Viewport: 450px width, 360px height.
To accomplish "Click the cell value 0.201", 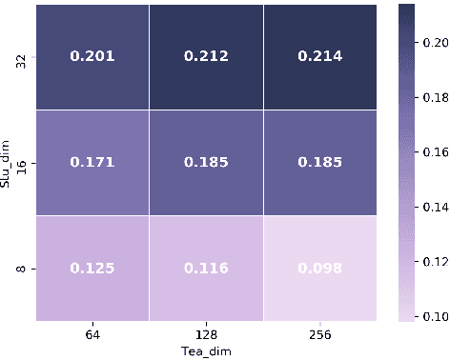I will pos(92,55).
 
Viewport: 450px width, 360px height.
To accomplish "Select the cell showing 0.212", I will pos(207,55).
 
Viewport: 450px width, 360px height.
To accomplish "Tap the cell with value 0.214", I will pos(321,55).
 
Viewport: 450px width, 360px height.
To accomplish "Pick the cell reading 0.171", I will pos(92,162).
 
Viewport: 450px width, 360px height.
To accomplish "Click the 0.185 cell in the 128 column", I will pos(207,162).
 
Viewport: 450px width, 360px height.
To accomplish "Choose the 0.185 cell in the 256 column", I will pos(321,162).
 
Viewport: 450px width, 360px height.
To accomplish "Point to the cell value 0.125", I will pos(92,269).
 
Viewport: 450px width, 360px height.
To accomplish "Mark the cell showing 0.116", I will pos(207,269).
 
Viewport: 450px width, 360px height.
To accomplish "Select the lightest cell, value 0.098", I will pos(321,269).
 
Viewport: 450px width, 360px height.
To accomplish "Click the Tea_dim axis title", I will pos(207,350).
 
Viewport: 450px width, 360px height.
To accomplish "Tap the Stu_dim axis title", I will pos(9,163).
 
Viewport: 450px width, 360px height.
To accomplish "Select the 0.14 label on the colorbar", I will pos(435,206).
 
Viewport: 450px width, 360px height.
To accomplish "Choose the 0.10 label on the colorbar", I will pos(435,315).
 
